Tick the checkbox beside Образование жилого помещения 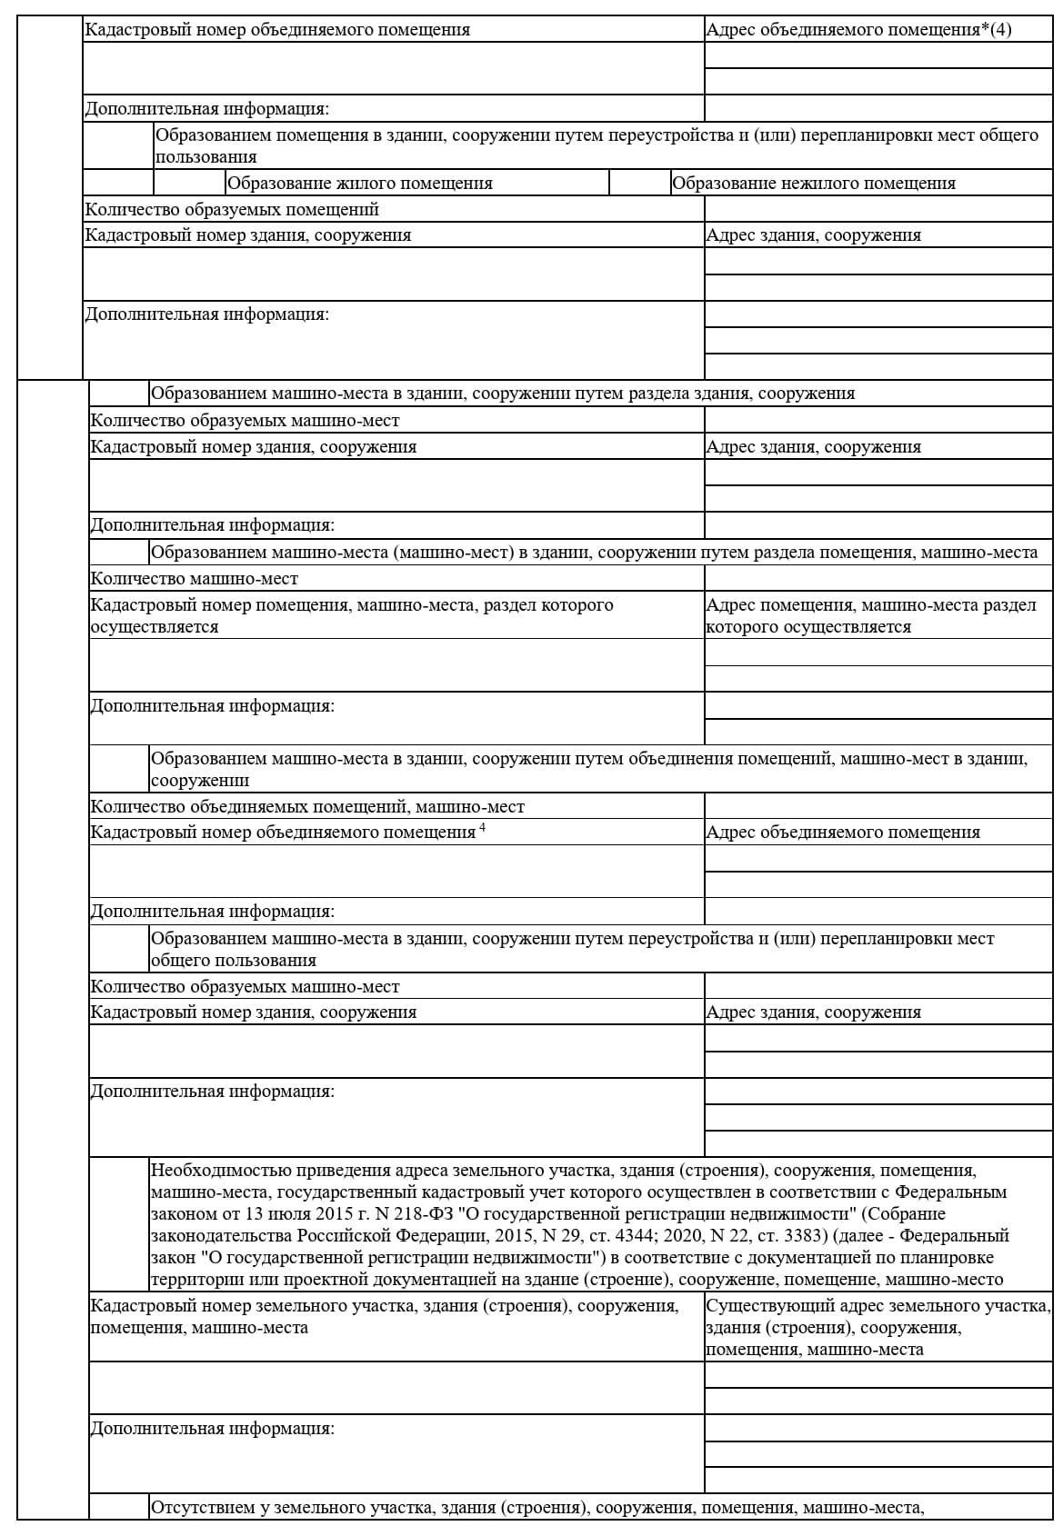coord(189,183)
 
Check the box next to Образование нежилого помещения coord(639,183)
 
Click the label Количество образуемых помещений coord(232,209)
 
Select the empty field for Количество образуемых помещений coord(877,209)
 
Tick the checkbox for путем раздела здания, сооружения coord(119,394)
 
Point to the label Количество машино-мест coord(194,579)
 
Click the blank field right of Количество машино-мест coord(877,579)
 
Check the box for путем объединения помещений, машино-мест coord(119,769)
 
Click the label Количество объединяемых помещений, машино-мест coord(307,806)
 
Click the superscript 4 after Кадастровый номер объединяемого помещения coord(482,827)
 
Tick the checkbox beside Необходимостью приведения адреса coord(119,1223)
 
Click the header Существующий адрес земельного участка coord(877,1306)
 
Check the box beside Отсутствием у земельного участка coord(119,1508)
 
